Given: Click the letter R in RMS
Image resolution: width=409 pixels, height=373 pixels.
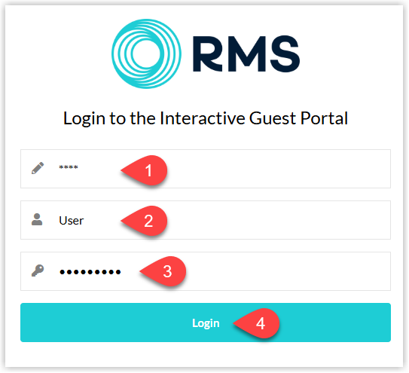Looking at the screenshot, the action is [207, 54].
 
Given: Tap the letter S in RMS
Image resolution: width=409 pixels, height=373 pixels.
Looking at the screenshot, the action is [285, 54].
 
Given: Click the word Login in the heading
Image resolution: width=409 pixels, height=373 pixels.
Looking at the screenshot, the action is [84, 119].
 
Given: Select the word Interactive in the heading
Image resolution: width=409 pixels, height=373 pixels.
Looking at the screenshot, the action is [203, 118].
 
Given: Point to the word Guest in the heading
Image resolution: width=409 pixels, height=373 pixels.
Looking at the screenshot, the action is [273, 118].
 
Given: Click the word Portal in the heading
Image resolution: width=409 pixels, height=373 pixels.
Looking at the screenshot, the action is [324, 118].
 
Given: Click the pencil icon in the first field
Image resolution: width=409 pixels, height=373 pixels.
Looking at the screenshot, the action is [38, 168].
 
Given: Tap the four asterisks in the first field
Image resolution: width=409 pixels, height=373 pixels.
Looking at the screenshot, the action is [69, 167].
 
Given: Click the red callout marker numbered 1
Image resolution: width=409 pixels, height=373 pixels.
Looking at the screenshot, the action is [145, 170].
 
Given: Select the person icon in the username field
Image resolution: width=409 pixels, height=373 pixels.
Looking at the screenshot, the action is [37, 219].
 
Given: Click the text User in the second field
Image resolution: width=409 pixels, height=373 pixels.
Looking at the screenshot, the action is [72, 221].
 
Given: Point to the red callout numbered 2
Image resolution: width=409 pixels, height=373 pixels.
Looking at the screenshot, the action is [145, 221].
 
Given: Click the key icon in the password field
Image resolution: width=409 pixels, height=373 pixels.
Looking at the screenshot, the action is [38, 271].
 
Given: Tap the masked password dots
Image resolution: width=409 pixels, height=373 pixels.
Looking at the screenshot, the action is [90, 272].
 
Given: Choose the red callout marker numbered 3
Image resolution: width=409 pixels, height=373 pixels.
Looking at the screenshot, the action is [163, 271].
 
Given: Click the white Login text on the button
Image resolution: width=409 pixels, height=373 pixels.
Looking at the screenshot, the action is [206, 323].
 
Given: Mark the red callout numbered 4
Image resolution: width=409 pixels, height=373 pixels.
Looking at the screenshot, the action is [257, 323].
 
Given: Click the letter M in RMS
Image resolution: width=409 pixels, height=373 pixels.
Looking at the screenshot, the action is [247, 54].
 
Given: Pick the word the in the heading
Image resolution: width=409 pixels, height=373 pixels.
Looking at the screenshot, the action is [142, 118].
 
